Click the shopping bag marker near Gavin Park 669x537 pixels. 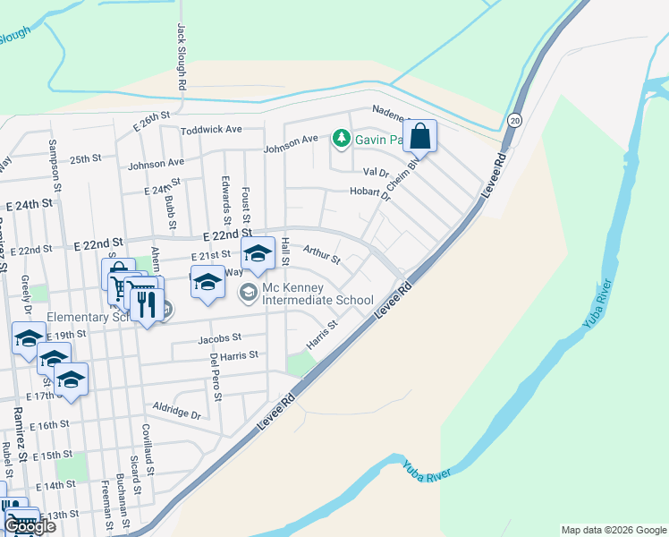pyautogui.click(x=419, y=137)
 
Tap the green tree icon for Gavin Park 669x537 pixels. pyautogui.click(x=341, y=138)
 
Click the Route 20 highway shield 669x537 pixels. pyautogui.click(x=514, y=120)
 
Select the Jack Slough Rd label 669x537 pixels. pyautogui.click(x=182, y=55)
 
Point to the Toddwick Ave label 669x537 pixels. pyautogui.click(x=211, y=130)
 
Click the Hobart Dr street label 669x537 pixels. pyautogui.click(x=369, y=192)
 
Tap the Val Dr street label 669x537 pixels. pyautogui.click(x=376, y=172)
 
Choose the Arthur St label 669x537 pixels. pyautogui.click(x=322, y=255)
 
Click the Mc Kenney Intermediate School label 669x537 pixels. pyautogui.click(x=318, y=294)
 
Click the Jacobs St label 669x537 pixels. pyautogui.click(x=219, y=338)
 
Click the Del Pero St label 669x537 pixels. pyautogui.click(x=215, y=375)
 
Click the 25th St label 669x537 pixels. pyautogui.click(x=87, y=158)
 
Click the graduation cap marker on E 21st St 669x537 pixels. pyautogui.click(x=258, y=253)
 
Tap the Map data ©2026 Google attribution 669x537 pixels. pyautogui.click(x=614, y=530)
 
